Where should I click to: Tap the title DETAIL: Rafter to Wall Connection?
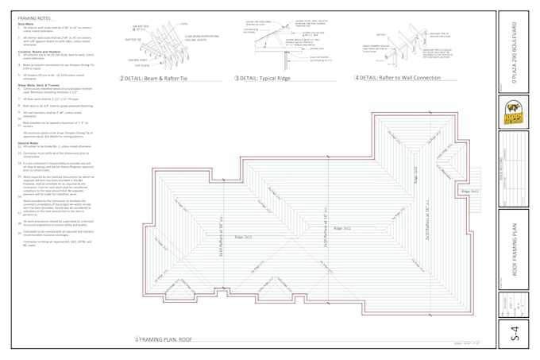(400, 78)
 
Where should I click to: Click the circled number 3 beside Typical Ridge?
(237, 79)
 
